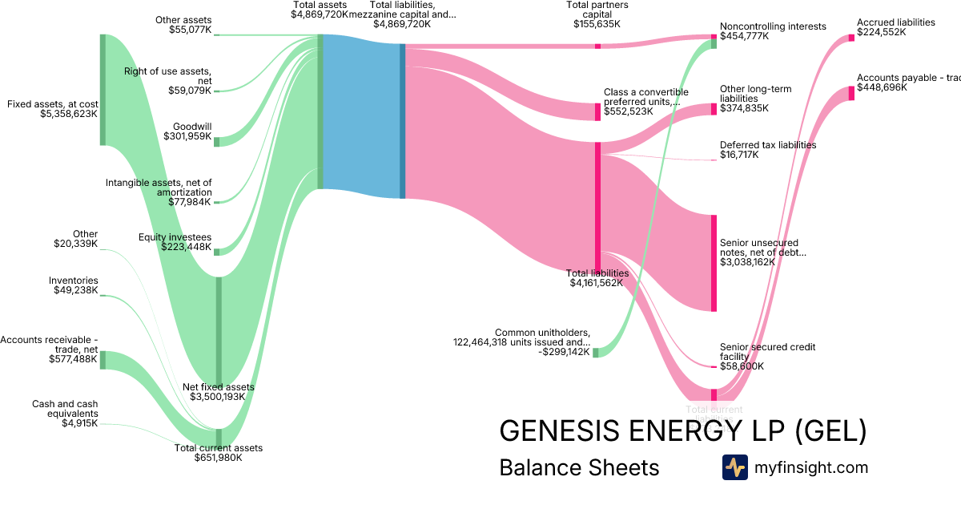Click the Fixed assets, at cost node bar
tap(103, 90)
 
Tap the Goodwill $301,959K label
tap(187, 131)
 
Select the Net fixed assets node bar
tap(219, 331)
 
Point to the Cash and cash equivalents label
tap(65, 414)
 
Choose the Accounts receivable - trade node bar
tap(103, 359)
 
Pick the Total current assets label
tap(218, 453)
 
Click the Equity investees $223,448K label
tap(175, 243)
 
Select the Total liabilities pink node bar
tap(597, 208)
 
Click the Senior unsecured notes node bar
tap(714, 262)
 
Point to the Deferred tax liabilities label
tap(767, 150)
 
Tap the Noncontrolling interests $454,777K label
tap(772, 31)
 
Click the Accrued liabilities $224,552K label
tap(895, 27)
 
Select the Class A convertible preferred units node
tap(597, 111)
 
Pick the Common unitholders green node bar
tap(595, 352)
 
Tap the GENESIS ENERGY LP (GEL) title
tap(682, 430)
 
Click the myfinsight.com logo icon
tap(734, 467)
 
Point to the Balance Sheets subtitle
tap(579, 467)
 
